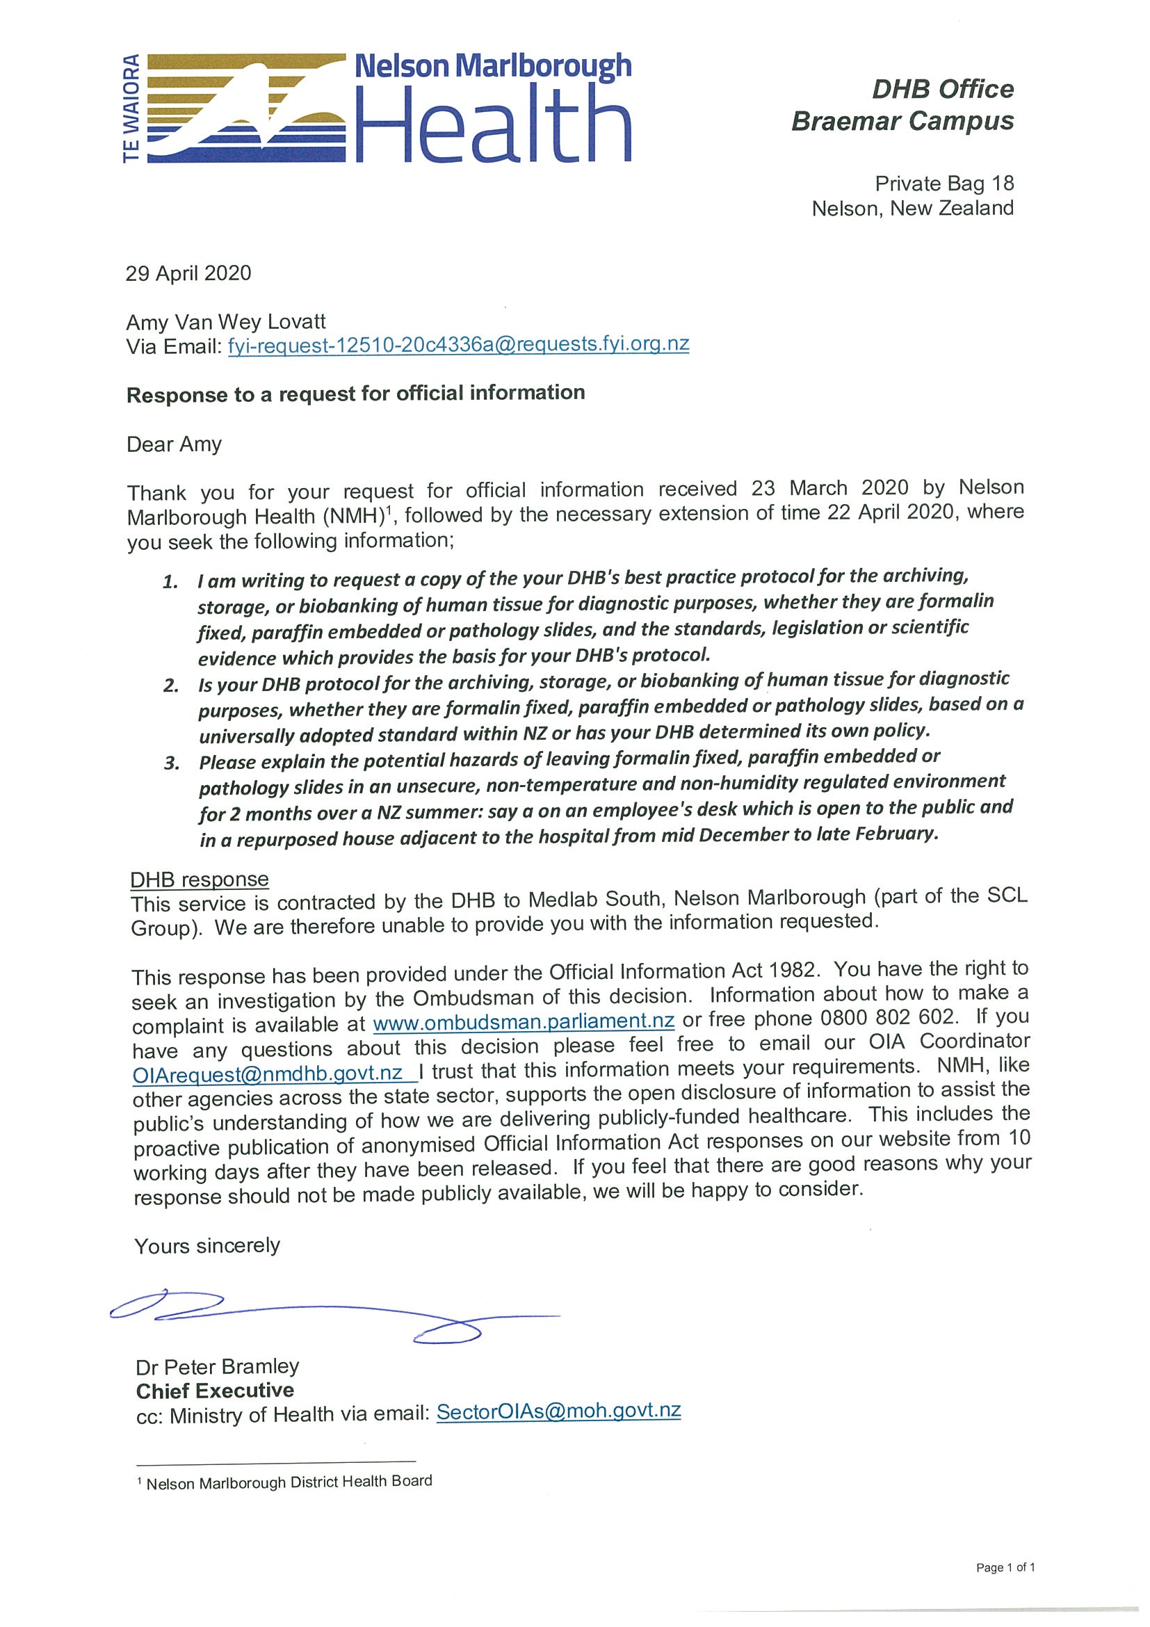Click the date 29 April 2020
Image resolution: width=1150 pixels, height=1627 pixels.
coord(188,273)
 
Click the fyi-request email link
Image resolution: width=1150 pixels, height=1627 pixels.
coord(457,344)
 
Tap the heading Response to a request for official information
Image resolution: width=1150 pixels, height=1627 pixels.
coord(355,394)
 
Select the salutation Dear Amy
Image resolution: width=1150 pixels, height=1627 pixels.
coord(174,444)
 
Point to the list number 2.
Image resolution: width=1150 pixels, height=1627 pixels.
coord(171,686)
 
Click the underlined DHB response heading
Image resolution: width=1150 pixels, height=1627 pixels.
coord(199,880)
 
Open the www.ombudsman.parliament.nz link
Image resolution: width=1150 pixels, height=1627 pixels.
coord(523,1022)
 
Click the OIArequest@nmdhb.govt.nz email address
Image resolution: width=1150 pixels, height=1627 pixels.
coord(268,1073)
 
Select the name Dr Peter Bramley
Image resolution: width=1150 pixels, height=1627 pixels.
coord(217,1366)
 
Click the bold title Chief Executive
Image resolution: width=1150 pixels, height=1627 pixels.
coord(215,1391)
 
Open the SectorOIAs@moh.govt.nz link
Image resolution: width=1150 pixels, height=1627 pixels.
coord(558,1411)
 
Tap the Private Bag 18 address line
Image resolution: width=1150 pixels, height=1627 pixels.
coord(944,184)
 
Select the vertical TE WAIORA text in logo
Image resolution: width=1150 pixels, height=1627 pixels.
coord(132,108)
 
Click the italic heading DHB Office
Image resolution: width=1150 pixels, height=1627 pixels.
coord(942,89)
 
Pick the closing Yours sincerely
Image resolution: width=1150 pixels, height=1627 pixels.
coord(207,1246)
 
